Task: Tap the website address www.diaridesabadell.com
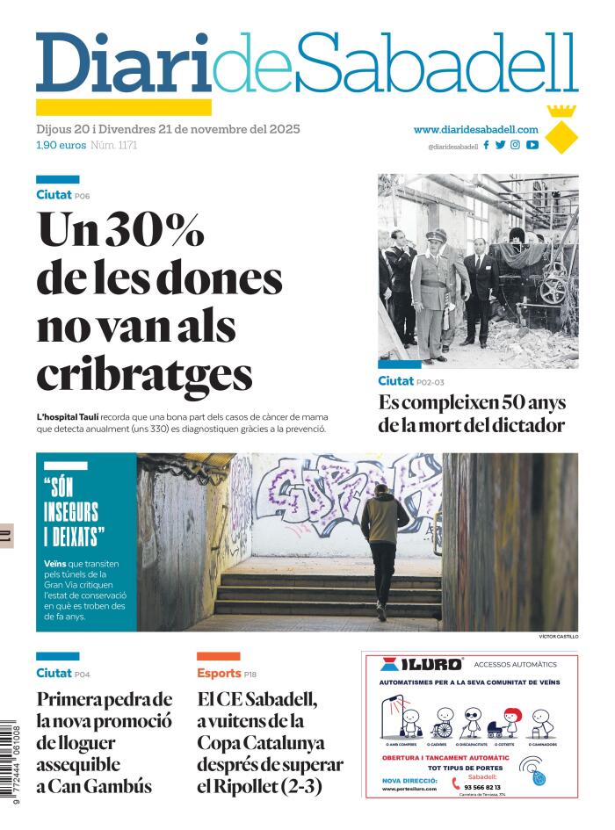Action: pyautogui.click(x=475, y=129)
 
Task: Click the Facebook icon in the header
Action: pyautogui.click(x=487, y=145)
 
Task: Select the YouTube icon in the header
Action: pyautogui.click(x=532, y=145)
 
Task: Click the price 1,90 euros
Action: pyautogui.click(x=61, y=145)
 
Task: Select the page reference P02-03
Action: pyautogui.click(x=430, y=382)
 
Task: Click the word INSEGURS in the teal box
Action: pyautogui.click(x=70, y=512)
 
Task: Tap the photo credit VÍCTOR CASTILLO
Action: pyautogui.click(x=558, y=636)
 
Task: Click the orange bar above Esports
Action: pyautogui.click(x=218, y=656)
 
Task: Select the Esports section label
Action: pyautogui.click(x=218, y=673)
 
